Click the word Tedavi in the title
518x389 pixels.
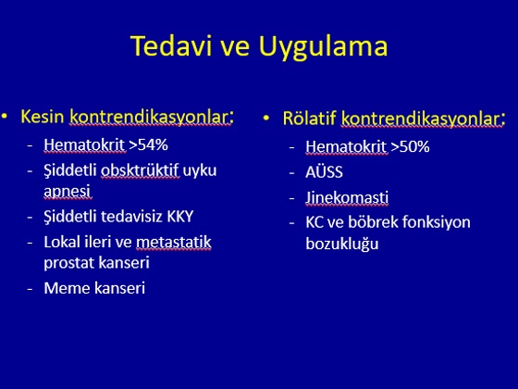[x=171, y=46]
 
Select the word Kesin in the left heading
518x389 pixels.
[x=43, y=117]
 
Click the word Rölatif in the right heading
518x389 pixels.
[x=309, y=119]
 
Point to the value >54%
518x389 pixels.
[x=148, y=144]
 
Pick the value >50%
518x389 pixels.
[x=410, y=147]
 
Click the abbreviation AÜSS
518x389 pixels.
[x=324, y=172]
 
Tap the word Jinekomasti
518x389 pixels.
[x=347, y=197]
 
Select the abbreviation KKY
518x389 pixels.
[x=180, y=217]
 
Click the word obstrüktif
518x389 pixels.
[x=140, y=170]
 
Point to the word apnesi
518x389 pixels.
[x=67, y=192]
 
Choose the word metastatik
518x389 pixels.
[x=174, y=242]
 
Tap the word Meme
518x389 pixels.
[x=68, y=288]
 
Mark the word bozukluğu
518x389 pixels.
[x=342, y=245]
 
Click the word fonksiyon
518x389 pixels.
[x=435, y=222]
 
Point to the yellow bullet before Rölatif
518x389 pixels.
[x=266, y=118]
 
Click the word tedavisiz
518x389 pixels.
[x=131, y=217]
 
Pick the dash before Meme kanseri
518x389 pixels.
[x=30, y=289]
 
